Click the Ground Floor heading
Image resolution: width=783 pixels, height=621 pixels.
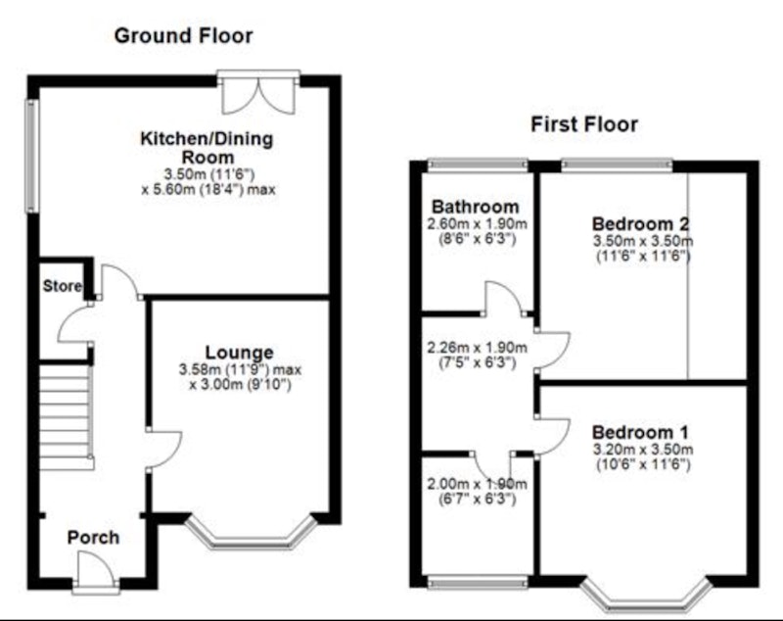183,36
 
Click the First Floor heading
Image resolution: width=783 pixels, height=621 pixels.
584,124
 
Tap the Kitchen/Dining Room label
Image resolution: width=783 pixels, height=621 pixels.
207,147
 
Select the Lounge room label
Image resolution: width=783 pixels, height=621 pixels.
239,353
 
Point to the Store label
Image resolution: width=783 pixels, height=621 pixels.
62,286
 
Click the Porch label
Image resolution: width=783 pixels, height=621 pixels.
93,538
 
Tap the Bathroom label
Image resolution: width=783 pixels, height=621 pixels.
476,207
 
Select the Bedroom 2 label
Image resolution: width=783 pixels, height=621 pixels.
641,224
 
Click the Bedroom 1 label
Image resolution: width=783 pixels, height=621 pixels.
640,432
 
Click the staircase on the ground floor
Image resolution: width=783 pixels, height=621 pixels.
66,417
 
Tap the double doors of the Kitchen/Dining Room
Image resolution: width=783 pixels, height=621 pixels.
258,92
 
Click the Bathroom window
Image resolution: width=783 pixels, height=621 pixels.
478,165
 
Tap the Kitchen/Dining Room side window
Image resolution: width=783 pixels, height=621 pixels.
32,156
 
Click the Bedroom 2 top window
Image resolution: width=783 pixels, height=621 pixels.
617,165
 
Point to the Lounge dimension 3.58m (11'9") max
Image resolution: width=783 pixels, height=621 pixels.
240,369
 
